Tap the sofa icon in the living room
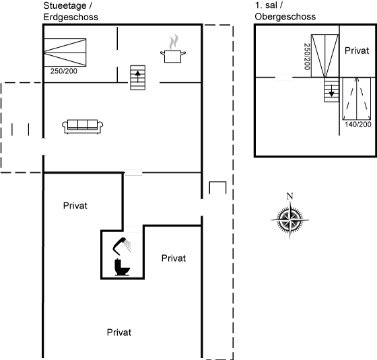coord(82,127)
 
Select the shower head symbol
coord(122,246)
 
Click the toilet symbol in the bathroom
coord(122,267)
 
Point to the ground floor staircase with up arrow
coord(138,77)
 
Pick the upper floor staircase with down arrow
coord(331,90)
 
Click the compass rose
coord(289,219)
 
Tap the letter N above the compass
coord(289,196)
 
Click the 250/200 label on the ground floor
coord(64,71)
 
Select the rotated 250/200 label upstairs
coord(307,57)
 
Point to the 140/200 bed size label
coord(358,124)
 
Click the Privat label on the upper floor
coord(357,50)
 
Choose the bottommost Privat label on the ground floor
coord(119,332)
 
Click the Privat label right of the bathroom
coord(174,258)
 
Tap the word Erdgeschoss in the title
coord(71,17)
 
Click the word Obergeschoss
coord(285,17)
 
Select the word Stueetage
coord(65,6)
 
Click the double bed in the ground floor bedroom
coord(65,52)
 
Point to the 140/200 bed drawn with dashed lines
coord(357,98)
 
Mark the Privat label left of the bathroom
coord(75,206)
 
